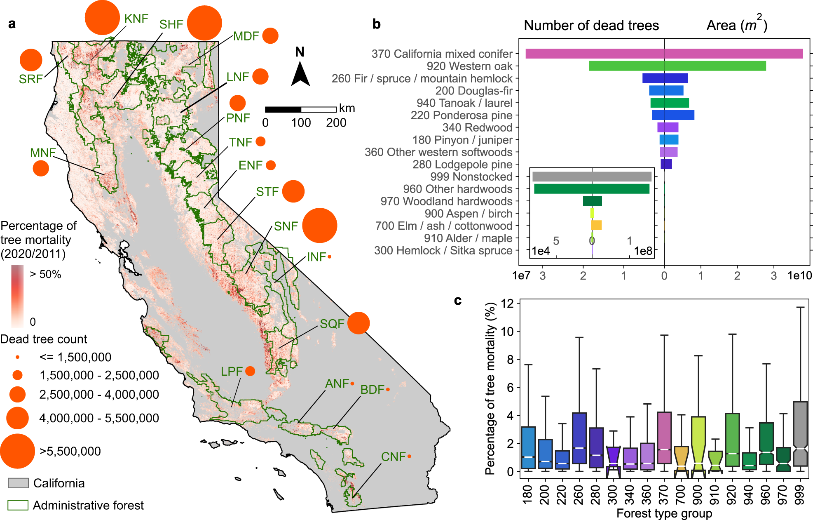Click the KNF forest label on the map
tap(136, 19)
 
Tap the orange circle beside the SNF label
tap(320, 226)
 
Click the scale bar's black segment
tap(283, 109)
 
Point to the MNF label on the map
tap(42, 153)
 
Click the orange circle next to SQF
tap(358, 323)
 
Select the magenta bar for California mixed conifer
tap(664, 54)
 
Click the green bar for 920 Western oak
tap(677, 66)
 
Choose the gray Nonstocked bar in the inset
tap(592, 177)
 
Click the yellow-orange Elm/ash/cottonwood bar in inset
tap(597, 226)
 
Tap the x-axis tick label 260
tap(579, 494)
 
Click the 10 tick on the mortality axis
tap(507, 332)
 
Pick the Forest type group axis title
tap(664, 513)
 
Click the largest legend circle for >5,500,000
tap(17, 451)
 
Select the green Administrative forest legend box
tap(18, 505)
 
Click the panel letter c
tap(457, 301)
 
